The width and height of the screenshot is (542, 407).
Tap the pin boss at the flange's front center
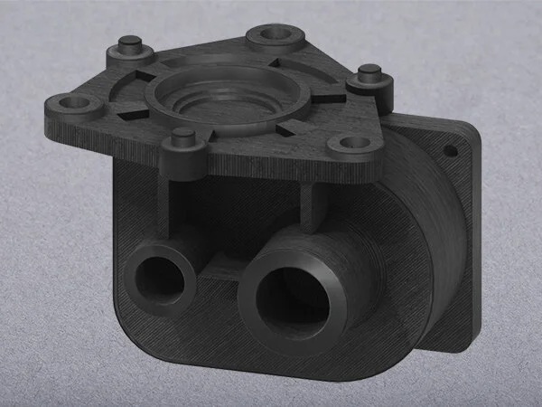184,137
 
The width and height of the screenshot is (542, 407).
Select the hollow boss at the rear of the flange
272,34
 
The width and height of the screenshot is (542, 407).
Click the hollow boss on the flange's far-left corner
71,104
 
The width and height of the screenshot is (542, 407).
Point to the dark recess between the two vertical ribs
239,213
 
